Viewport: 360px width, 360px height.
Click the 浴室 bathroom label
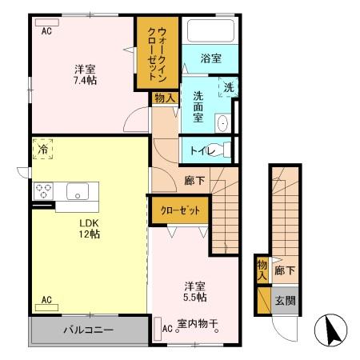coord(210,58)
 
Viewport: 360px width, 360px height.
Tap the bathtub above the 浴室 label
coord(210,33)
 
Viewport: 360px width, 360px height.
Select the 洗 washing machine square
coord(227,88)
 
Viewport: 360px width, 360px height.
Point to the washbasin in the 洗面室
coord(223,122)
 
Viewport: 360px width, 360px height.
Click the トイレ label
coord(203,150)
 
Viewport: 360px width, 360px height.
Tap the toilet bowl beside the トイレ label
coord(226,149)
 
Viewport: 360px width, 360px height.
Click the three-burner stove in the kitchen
coord(44,191)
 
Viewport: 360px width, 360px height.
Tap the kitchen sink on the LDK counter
coord(78,191)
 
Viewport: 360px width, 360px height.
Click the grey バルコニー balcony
coord(89,330)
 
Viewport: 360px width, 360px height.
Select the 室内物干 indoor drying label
coord(198,326)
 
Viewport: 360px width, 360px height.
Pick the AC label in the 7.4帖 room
coord(46,30)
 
